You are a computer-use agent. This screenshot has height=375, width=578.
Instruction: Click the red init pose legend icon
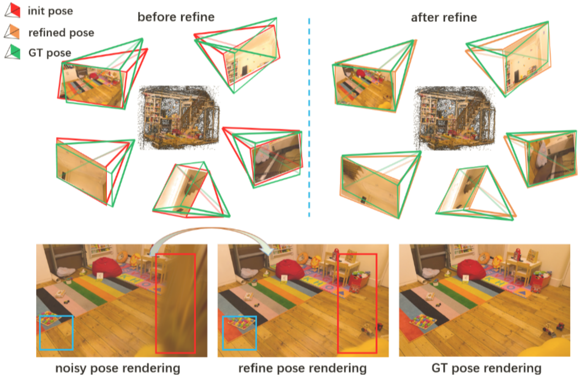point(13,10)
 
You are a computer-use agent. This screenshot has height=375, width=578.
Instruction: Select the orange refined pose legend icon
point(12,32)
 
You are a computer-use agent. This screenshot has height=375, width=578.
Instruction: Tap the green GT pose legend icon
point(13,52)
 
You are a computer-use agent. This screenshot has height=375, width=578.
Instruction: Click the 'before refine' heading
point(176,17)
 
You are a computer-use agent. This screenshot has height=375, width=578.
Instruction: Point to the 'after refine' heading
point(444,18)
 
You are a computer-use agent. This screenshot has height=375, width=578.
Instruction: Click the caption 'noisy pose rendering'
point(118,368)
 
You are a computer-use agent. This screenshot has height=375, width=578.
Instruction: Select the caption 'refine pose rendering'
point(302,368)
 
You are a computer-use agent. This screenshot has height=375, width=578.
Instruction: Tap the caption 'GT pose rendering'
point(486,368)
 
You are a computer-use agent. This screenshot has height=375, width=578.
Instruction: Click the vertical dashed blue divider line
point(309,117)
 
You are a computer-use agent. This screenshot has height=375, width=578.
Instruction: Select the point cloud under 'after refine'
point(455,119)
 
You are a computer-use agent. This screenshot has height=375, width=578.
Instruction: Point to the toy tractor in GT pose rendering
point(549,331)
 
